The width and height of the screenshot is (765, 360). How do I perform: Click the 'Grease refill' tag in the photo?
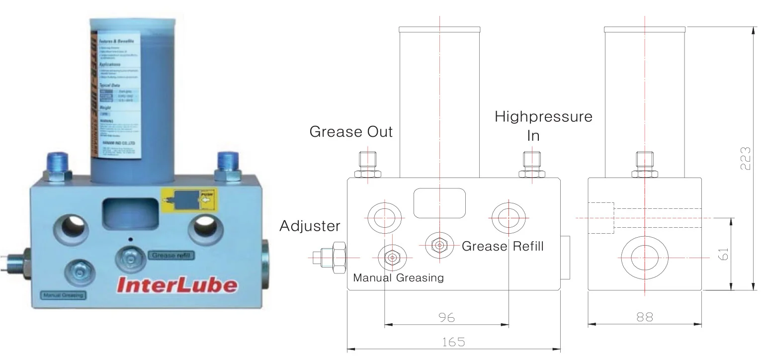coord(171,256)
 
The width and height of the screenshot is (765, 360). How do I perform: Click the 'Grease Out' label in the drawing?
coord(351,132)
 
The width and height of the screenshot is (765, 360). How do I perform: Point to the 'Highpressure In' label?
coord(543,126)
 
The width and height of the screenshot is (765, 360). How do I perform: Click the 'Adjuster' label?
coord(310,226)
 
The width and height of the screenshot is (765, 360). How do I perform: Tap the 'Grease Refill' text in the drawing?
coord(503,246)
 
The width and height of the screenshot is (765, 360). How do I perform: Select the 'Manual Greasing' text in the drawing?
coord(398,277)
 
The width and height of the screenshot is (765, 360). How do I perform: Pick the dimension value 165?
coord(453,343)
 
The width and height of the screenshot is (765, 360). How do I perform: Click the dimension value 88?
coord(644,317)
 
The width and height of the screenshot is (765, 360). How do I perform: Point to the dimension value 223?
coord(745,158)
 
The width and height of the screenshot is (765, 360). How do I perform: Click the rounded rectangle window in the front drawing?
coord(440,202)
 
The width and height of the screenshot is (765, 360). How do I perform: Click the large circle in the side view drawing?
coord(644,257)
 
